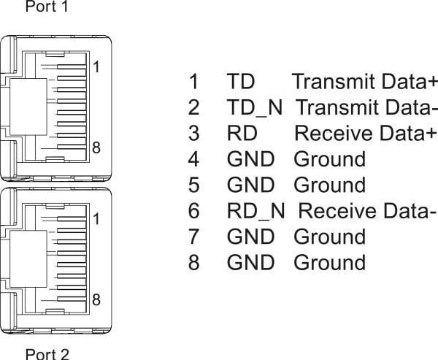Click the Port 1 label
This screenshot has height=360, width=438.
[x=47, y=6]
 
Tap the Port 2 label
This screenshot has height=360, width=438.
[x=47, y=354]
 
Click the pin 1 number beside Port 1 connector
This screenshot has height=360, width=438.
[x=96, y=67]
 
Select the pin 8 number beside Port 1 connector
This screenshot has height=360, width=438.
[x=96, y=148]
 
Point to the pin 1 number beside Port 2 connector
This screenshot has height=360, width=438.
[x=96, y=219]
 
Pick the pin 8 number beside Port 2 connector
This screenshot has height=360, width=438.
[x=96, y=299]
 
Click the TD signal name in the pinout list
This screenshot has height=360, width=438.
[x=240, y=81]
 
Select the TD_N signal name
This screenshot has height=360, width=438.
[x=255, y=108]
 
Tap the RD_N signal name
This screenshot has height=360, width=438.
[x=256, y=211]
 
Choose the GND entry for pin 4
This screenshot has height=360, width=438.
[x=250, y=159]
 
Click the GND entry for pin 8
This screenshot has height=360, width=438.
[x=250, y=262]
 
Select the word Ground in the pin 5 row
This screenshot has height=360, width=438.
[x=330, y=185]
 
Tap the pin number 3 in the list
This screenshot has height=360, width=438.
[x=193, y=134]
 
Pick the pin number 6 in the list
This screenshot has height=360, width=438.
[x=193, y=211]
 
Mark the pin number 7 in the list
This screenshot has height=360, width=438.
[x=193, y=237]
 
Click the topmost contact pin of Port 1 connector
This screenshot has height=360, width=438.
[x=72, y=66]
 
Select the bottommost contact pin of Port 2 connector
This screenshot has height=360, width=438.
[x=72, y=299]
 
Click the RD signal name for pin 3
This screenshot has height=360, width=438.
[x=242, y=134]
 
